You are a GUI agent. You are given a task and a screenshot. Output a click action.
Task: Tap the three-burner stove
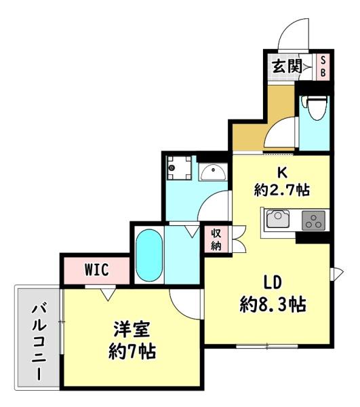point(313,220)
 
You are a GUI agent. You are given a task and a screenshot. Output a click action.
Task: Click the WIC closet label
point(96,269)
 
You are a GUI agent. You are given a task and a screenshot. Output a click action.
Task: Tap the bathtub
point(148,256)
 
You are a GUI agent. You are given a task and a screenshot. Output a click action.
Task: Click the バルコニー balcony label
point(38,342)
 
